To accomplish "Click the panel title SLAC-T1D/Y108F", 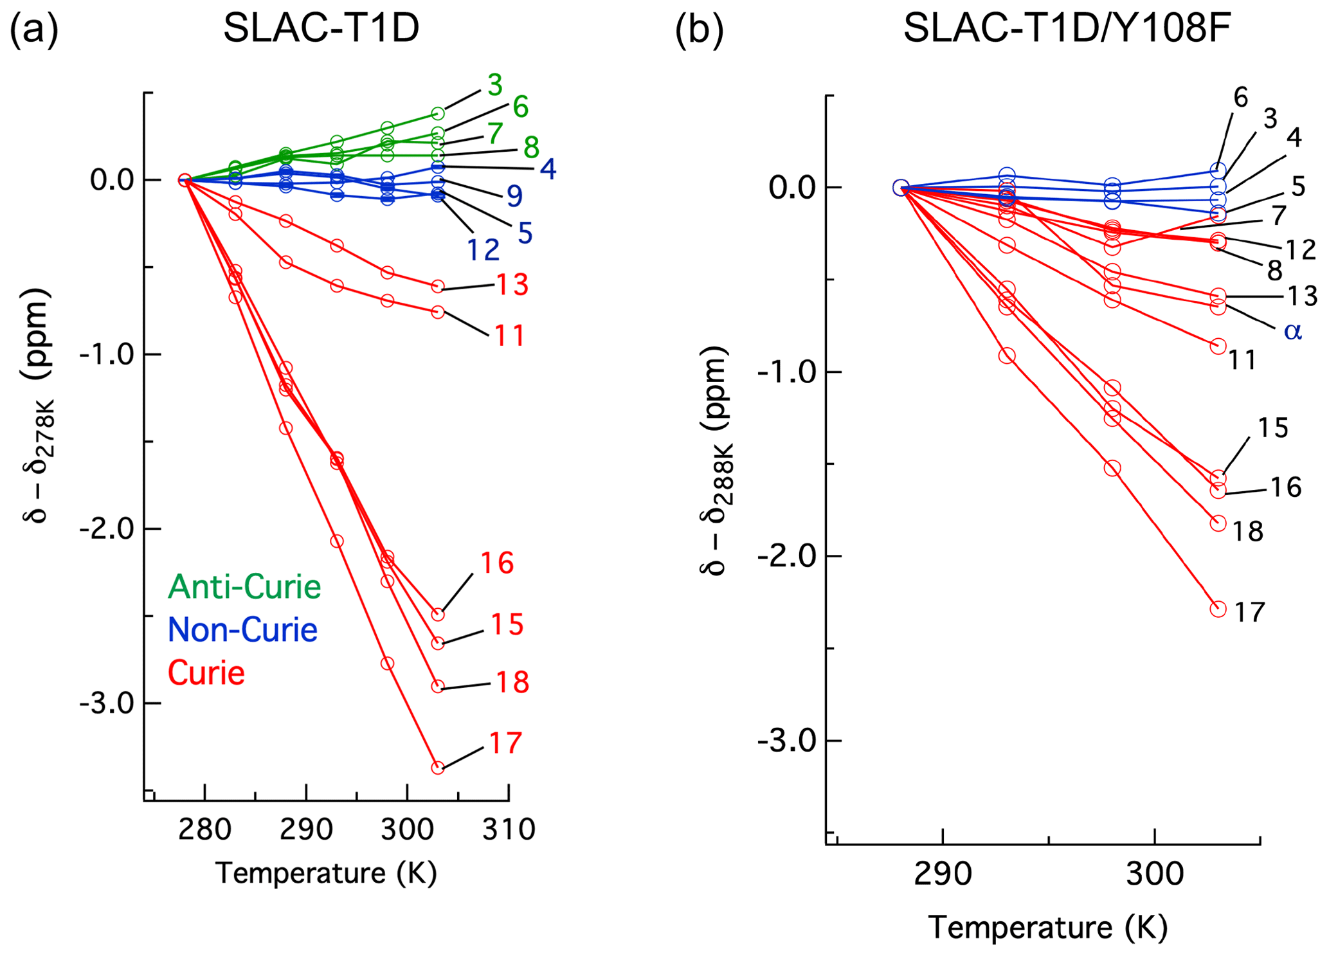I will point(1067,29).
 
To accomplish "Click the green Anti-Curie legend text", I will point(244,587).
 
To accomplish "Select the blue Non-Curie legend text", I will point(242,630).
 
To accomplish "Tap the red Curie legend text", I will point(206,673).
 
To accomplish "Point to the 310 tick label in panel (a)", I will point(509,830).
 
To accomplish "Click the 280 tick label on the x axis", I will point(204,830).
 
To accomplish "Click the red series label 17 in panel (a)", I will point(505,743).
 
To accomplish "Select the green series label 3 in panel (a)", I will point(494,85).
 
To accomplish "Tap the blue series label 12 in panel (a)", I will point(483,250).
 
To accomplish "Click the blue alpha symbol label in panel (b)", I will point(1292,331).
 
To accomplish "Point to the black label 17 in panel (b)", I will point(1249,613).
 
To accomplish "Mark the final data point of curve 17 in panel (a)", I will point(438,768).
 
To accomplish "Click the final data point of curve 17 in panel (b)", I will point(1218,609).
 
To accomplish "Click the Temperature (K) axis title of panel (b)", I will point(1047,928).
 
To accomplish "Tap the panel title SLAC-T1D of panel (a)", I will point(321,29).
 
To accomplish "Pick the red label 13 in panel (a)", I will point(512,285).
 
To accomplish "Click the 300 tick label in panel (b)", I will point(1154,874).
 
